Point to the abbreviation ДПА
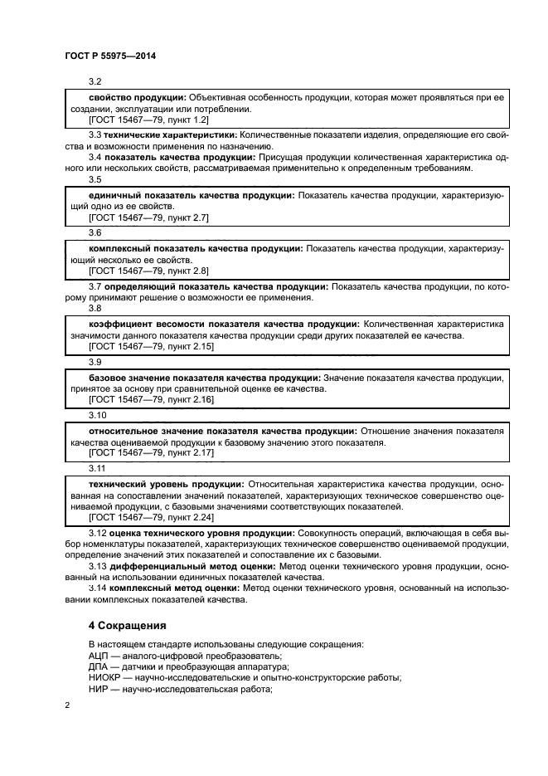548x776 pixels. click(x=99, y=666)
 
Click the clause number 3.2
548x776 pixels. click(x=95, y=83)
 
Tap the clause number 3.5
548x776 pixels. click(x=95, y=179)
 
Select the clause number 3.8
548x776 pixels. click(x=95, y=307)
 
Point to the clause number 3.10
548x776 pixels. click(x=97, y=414)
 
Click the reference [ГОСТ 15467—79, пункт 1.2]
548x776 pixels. click(x=143, y=120)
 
